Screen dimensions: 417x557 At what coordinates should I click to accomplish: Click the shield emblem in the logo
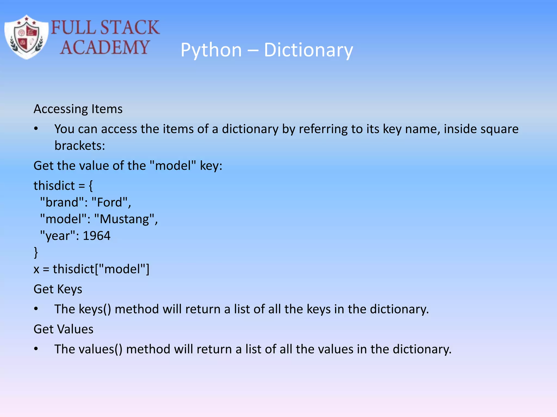point(26,37)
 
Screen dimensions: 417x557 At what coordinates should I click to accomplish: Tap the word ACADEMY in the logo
point(105,48)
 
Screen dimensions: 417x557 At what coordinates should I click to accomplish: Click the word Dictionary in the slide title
point(308,50)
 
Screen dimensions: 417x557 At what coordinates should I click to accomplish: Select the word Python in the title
point(211,50)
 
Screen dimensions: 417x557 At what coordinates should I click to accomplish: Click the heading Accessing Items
point(78,109)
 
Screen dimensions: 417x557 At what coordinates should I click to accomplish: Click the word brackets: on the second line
point(80,146)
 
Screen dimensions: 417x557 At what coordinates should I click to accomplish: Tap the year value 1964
point(97,236)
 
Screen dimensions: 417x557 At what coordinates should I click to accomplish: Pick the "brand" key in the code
point(62,202)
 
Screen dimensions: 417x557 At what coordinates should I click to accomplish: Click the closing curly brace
point(36,252)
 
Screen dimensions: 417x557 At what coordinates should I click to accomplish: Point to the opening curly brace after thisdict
point(91,186)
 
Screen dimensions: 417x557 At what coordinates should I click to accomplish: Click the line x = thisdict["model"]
point(91,269)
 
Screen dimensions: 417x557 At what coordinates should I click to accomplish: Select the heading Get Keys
point(58,289)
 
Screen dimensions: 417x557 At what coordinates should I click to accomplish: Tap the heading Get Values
point(63,329)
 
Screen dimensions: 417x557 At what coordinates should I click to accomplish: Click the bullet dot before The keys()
point(36,309)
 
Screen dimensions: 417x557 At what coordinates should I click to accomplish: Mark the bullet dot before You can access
point(36,129)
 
